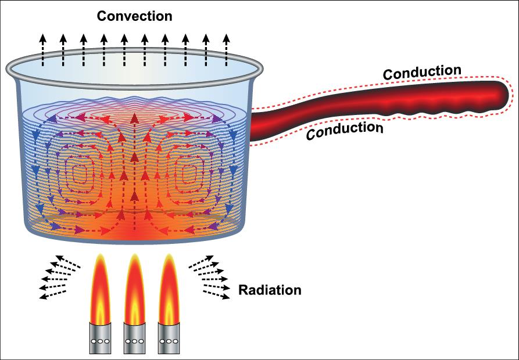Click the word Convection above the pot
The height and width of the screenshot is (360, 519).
[x=134, y=16]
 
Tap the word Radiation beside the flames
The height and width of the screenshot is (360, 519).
[x=270, y=290]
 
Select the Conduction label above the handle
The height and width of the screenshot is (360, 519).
[x=423, y=73]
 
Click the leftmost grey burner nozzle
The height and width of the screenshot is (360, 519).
[x=99, y=339]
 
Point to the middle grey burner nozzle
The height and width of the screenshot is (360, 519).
[x=134, y=339]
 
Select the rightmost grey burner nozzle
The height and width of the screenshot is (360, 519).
[x=169, y=339]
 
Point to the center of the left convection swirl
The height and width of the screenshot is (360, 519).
[x=80, y=172]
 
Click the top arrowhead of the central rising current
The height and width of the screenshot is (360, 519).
[x=135, y=117]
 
